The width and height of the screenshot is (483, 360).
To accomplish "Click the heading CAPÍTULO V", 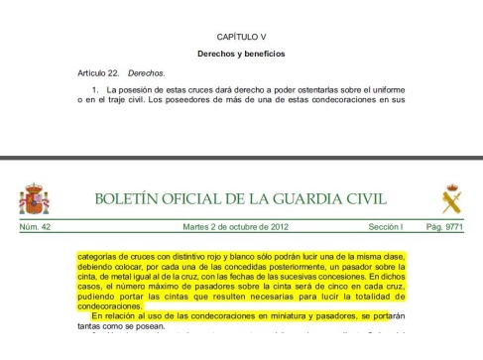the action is pos(241,36).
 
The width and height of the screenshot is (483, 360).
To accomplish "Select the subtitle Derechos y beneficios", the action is pos(241,54).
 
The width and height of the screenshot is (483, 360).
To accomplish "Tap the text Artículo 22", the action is pos(98,72).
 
